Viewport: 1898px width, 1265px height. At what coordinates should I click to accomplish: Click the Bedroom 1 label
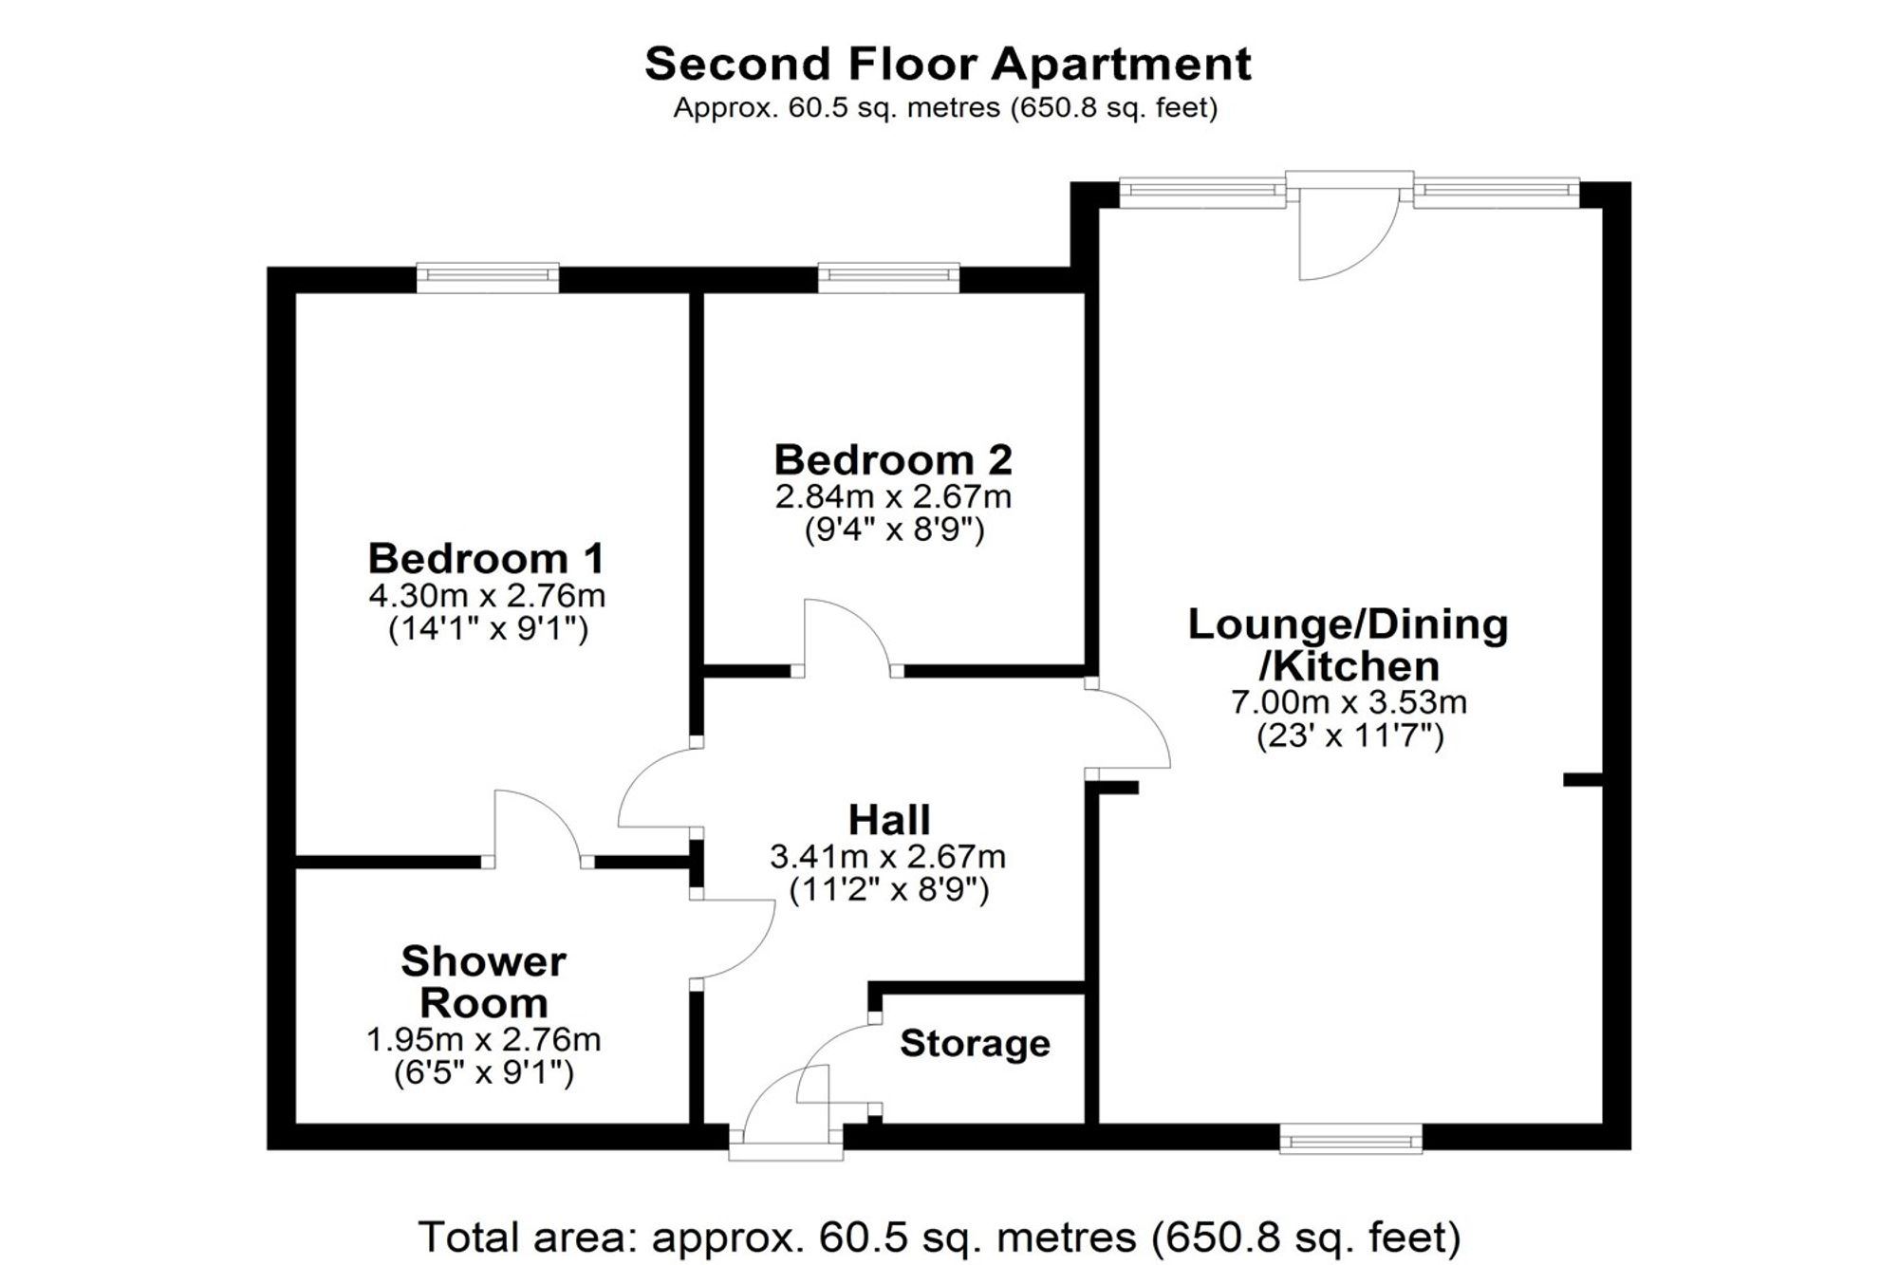tap(486, 558)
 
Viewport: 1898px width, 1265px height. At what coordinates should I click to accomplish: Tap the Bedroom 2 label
tap(893, 459)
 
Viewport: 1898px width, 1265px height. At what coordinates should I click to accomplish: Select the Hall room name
tap(889, 819)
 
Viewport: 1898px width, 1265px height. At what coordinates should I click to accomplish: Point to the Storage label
tap(975, 1044)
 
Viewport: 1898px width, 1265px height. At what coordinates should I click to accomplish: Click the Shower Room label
tap(484, 981)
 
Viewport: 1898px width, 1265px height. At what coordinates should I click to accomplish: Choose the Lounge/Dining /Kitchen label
tap(1349, 644)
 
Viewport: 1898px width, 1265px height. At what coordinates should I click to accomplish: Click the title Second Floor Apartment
tap(947, 64)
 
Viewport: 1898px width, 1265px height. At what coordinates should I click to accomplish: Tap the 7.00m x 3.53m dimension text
tap(1349, 702)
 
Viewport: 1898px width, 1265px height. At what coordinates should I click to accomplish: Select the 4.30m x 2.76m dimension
tap(486, 596)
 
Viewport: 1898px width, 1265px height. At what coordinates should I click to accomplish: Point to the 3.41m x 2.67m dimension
tap(887, 857)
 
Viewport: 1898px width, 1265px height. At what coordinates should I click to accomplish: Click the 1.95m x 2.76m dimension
tap(483, 1039)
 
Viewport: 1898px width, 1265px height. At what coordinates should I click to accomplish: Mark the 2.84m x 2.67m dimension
tap(893, 496)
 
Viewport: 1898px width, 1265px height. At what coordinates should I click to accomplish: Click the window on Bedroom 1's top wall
tap(488, 276)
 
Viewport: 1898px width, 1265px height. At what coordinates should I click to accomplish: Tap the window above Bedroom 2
tap(889, 276)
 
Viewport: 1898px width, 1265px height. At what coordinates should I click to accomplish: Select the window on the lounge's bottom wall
tap(1350, 1137)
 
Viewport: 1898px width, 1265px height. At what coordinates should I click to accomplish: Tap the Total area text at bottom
tap(940, 1237)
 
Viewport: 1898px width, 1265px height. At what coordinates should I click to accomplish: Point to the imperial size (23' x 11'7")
tap(1349, 736)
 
